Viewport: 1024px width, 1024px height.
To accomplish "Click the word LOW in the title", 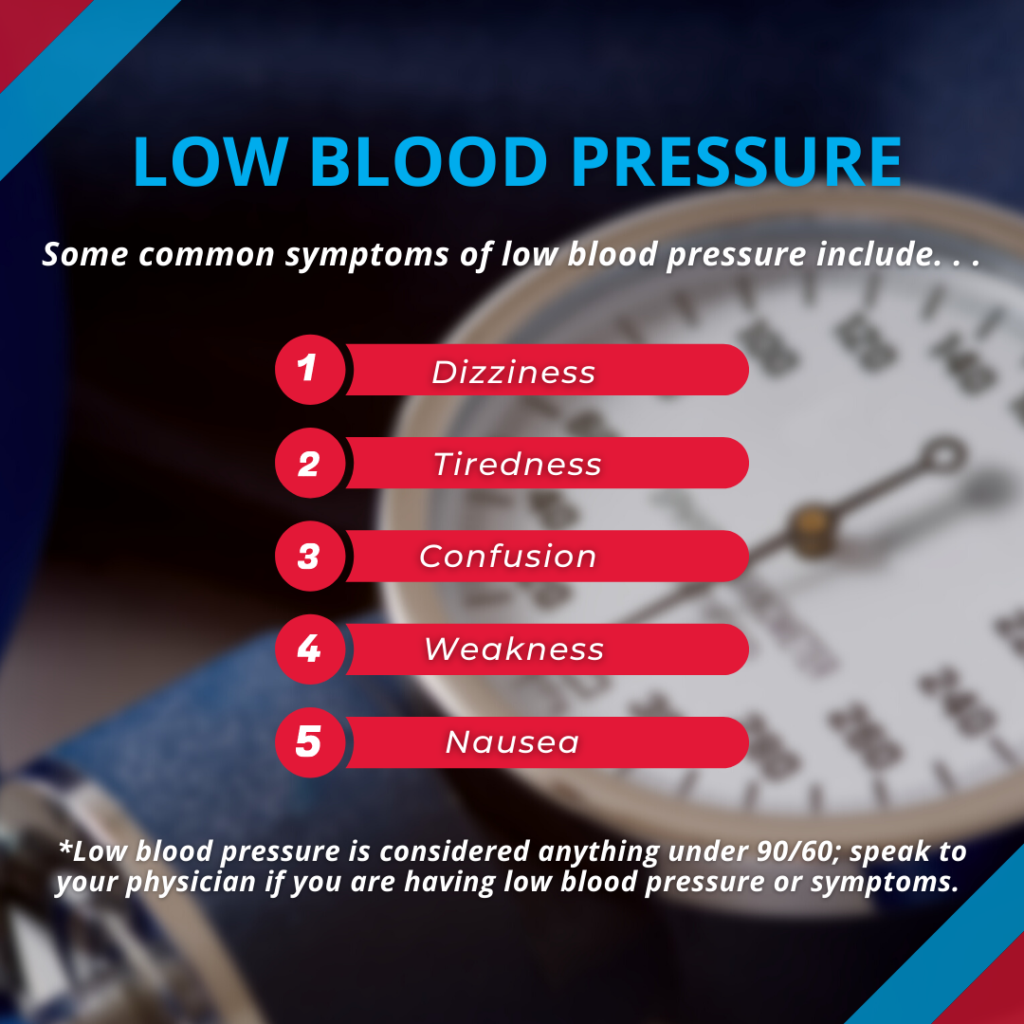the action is [210, 161].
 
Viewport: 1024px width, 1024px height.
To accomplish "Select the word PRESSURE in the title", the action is [737, 161].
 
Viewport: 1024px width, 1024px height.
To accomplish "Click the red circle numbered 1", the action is [310, 370].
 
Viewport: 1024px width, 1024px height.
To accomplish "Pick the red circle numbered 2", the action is [310, 463].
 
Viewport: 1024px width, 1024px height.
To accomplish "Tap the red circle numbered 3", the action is [310, 557].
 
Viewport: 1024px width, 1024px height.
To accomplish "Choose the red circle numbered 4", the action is [310, 649].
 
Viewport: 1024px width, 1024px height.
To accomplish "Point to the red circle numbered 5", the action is [310, 742].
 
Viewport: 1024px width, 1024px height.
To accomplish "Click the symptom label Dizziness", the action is [513, 373].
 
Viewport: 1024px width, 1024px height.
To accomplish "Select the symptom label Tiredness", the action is [518, 465].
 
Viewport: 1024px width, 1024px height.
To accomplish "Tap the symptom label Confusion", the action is [508, 557].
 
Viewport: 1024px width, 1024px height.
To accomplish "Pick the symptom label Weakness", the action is [514, 649].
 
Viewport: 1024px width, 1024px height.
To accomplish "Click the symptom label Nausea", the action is [513, 742].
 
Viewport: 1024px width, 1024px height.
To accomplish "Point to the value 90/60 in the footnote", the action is [797, 851].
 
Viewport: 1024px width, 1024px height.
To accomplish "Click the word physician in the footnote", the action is [191, 883].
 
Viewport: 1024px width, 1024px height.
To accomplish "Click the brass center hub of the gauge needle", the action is [814, 526].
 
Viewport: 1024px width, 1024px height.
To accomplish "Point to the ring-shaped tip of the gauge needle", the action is [944, 454].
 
